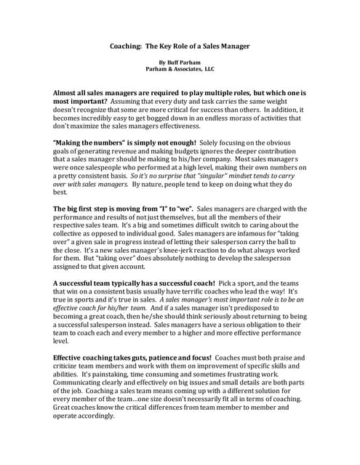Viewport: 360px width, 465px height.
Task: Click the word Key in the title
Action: pos(164,45)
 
